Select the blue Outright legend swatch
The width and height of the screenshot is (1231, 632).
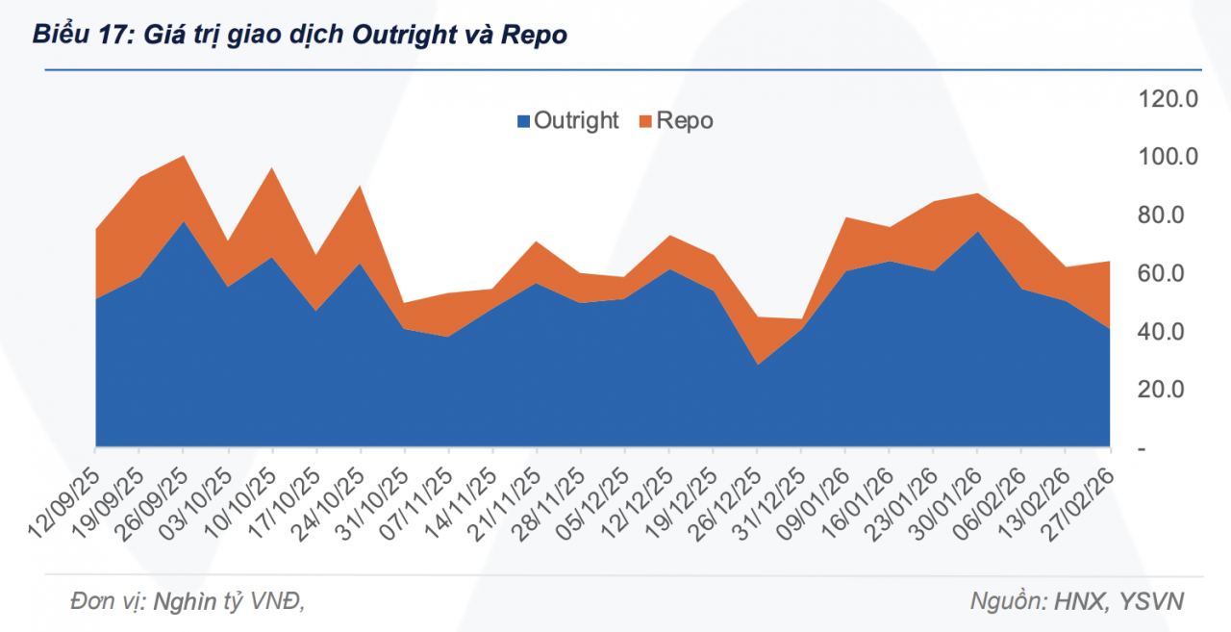(x=523, y=121)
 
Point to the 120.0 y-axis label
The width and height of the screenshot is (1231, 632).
(x=1168, y=98)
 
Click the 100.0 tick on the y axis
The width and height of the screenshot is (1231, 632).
(x=1168, y=157)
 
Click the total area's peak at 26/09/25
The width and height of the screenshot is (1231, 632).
(x=184, y=156)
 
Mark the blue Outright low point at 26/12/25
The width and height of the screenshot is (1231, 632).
(x=757, y=364)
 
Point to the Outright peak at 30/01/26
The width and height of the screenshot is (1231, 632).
(x=977, y=232)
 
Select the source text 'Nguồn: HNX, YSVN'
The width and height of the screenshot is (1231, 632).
(x=1077, y=601)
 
